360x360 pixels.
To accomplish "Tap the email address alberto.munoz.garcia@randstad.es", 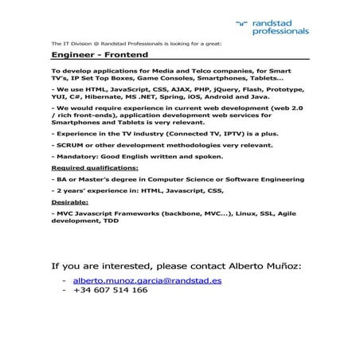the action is (x=147, y=280).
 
